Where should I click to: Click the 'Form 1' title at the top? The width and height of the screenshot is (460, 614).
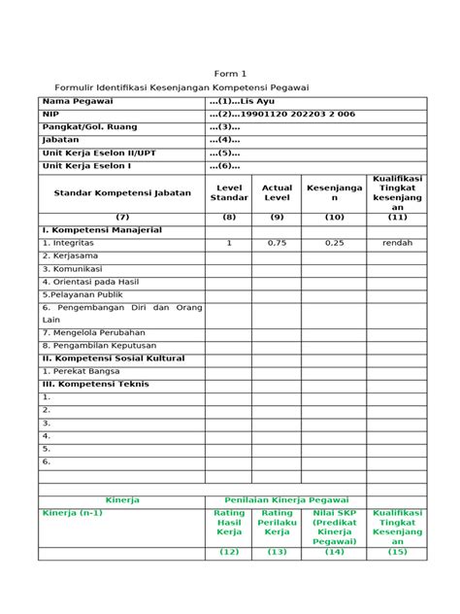(x=231, y=74)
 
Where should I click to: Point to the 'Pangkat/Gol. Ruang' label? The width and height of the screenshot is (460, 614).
(x=89, y=126)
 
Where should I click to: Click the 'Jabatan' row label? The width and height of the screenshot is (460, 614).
(x=60, y=139)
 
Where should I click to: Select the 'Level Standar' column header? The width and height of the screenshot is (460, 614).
(x=229, y=192)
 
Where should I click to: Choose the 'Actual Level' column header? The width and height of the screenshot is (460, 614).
(x=277, y=192)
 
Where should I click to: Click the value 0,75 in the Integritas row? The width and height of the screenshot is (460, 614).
(x=277, y=243)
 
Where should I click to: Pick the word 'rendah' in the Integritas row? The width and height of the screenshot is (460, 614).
(x=397, y=243)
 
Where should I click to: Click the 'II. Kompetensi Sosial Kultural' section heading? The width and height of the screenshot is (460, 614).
(x=112, y=358)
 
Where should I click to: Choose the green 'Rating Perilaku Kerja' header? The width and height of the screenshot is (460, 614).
(x=277, y=522)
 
